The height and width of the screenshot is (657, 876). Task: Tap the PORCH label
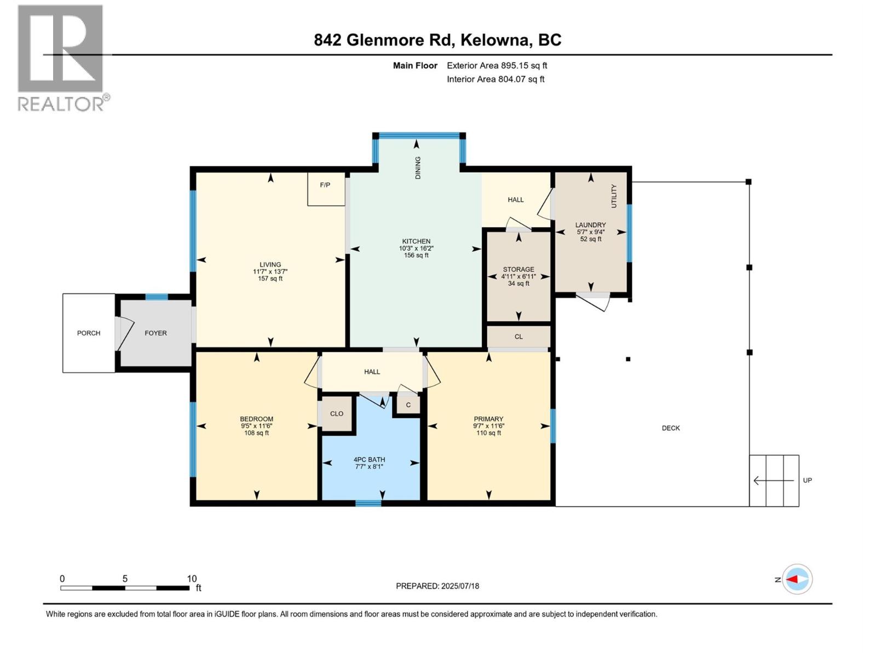coord(89,333)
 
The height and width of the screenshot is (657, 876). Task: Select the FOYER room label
coord(155,333)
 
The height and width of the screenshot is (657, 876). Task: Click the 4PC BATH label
coord(369,459)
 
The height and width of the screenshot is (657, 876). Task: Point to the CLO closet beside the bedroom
coord(336,414)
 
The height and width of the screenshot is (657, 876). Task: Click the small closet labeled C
coord(408,405)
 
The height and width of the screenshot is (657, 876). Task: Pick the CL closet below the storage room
coord(518,337)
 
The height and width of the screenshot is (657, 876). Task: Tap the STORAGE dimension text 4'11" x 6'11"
coord(518,276)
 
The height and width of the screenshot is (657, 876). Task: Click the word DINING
coord(418,168)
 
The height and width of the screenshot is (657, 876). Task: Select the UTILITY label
coord(614,195)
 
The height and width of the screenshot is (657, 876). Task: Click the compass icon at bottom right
coord(797,579)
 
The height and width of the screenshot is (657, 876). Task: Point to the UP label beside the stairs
coord(807,480)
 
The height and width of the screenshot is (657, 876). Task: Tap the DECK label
coord(671,428)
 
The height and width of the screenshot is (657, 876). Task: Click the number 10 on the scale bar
coord(192,579)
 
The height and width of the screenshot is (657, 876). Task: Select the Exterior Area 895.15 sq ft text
coord(497,66)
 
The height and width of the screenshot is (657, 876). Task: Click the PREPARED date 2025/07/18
coord(460,586)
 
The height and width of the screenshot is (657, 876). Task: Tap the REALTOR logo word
coord(61,103)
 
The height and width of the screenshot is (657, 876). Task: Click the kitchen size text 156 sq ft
coord(416,255)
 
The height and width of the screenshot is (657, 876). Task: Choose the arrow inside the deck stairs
coord(773,481)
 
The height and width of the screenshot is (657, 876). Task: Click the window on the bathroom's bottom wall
coord(368,503)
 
